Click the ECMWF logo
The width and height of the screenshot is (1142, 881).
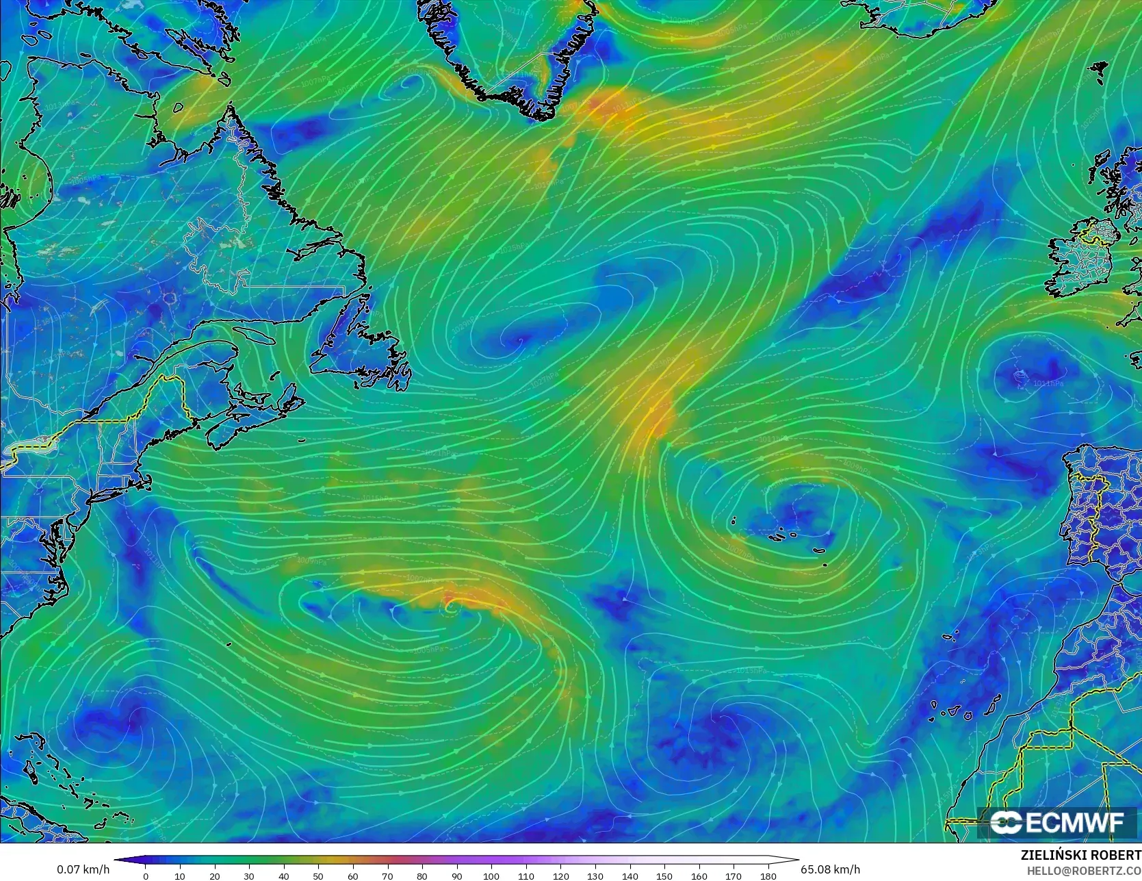(1056, 822)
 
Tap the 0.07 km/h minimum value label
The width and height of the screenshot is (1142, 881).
(83, 869)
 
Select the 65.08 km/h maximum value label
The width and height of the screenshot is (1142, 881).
(830, 869)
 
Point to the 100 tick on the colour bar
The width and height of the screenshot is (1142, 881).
(491, 876)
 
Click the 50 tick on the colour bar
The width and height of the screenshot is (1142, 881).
(318, 876)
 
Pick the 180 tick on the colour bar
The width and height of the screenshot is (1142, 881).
(768, 876)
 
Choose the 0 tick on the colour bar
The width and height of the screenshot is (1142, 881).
(145, 876)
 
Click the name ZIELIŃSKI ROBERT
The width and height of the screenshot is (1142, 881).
(1080, 855)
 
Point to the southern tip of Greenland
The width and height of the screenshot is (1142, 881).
(541, 113)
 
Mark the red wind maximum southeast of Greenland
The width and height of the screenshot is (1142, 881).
(599, 106)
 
